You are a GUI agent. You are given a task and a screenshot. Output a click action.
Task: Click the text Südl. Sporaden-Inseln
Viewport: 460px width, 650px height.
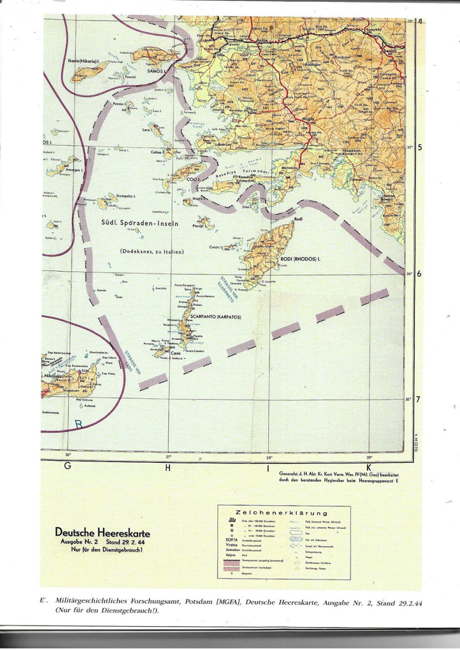point(140,223)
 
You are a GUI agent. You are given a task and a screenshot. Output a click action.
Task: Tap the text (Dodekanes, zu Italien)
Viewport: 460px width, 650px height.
point(152,251)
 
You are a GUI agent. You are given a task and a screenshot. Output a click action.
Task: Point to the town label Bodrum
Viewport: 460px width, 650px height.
point(225,144)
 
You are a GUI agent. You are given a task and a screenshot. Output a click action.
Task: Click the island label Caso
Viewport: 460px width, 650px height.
point(175,353)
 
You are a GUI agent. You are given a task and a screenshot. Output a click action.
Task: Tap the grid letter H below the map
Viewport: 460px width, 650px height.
point(168,468)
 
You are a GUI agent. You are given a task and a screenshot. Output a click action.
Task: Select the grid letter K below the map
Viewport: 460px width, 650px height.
point(369,468)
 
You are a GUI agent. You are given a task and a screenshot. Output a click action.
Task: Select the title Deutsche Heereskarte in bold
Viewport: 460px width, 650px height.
point(102,533)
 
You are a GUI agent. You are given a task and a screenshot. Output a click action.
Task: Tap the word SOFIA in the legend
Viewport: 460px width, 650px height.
point(232,538)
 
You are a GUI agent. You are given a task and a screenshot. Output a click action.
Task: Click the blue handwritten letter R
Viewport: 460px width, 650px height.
point(79,424)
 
